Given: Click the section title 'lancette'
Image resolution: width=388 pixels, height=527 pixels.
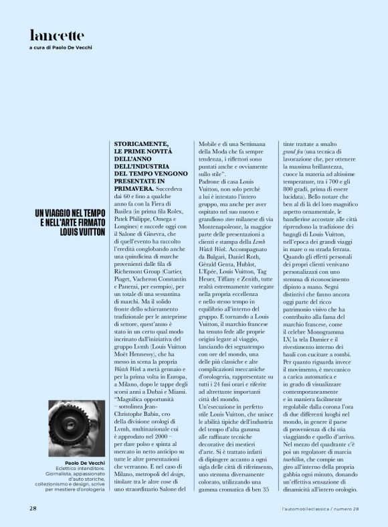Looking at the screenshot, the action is tap(56, 35).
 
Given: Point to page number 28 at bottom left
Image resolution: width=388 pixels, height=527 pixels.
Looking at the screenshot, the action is tap(32, 508).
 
